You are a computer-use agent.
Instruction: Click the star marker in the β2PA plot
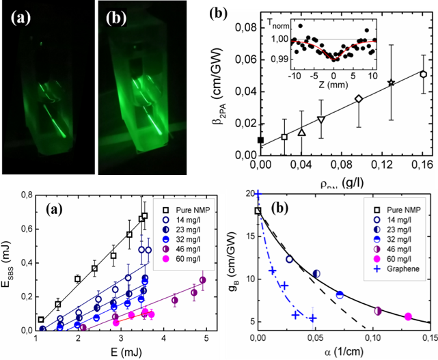click(391, 83)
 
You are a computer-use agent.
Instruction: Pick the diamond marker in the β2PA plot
click(359, 99)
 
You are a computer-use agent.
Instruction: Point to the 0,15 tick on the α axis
click(429, 337)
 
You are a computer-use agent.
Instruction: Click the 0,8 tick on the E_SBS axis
click(25, 195)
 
